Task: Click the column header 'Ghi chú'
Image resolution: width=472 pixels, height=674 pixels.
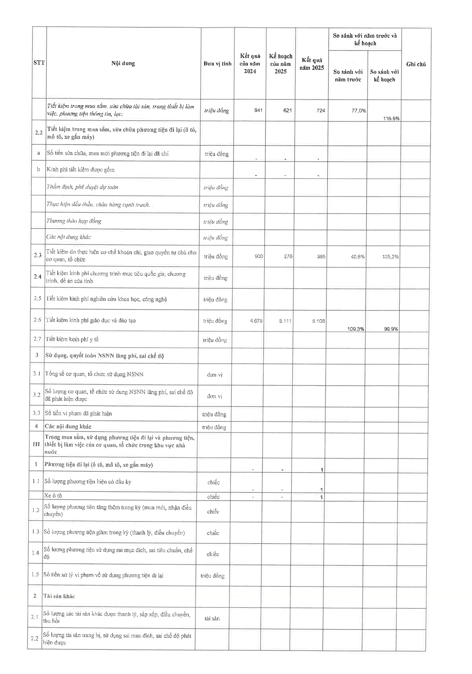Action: point(416,64)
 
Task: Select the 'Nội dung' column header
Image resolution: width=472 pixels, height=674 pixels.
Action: point(123,63)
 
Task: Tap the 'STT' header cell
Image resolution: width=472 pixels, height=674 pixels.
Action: point(39,63)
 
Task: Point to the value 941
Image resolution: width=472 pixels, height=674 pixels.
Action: point(258,110)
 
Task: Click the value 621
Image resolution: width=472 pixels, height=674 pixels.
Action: point(288,110)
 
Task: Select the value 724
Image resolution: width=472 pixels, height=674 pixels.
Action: point(321,110)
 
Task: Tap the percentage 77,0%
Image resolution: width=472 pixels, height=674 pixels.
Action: point(359,111)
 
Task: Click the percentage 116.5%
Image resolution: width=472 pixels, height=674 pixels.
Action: point(391,118)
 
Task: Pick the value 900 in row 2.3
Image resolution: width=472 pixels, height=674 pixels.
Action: point(259,256)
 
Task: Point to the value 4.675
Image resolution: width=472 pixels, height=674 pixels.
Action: point(256,321)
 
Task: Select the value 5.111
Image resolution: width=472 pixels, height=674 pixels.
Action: point(285,321)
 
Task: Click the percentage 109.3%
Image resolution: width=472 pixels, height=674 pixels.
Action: point(356,329)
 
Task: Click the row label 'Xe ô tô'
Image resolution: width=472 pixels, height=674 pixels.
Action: point(53,496)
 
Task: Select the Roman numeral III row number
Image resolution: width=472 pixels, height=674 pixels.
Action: point(36,444)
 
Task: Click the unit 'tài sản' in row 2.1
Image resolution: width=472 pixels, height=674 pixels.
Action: point(212,618)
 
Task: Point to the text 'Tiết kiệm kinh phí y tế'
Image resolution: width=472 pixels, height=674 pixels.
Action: point(72,339)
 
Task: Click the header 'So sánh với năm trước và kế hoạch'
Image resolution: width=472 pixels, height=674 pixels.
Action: point(365,39)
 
